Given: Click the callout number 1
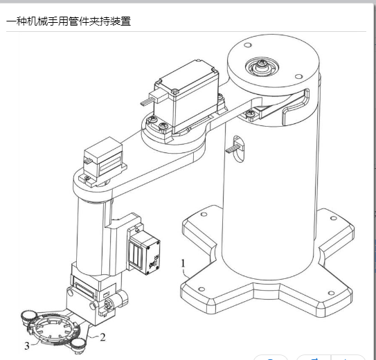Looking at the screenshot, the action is click(183, 263).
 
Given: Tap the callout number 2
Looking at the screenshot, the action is click(102, 337).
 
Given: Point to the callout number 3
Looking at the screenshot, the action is click(27, 346).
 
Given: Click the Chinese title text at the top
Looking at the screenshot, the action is click(69, 21).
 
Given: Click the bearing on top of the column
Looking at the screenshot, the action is click(262, 66).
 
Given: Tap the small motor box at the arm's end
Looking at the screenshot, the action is click(103, 157).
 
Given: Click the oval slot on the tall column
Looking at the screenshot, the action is click(238, 149).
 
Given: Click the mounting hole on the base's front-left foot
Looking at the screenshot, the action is click(202, 289).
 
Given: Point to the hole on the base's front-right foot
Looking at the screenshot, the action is click(331, 293).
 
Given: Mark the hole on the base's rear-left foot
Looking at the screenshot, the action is click(204, 214).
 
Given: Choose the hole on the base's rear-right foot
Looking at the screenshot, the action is click(334, 218).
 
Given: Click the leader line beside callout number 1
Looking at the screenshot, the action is click(186, 273).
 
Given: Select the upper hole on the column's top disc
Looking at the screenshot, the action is click(248, 45).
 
